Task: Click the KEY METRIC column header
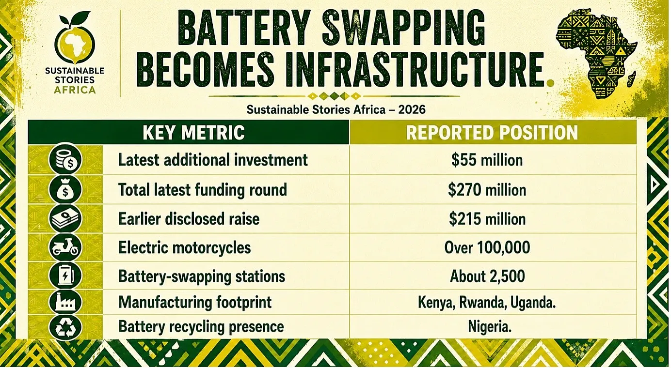tap(193, 133)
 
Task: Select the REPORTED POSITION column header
tap(492, 133)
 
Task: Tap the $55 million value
tap(487, 160)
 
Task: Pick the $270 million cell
tap(487, 190)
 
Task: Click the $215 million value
tap(487, 219)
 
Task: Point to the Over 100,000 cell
tap(487, 247)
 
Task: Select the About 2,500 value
tap(487, 276)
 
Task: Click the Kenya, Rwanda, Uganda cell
tap(487, 303)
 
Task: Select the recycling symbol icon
tap(65, 327)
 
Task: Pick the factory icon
tap(65, 302)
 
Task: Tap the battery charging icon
tap(65, 276)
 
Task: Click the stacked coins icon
tap(65, 160)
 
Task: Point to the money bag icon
tap(65, 190)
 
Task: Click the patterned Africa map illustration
tap(596, 54)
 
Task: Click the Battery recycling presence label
tap(201, 326)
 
